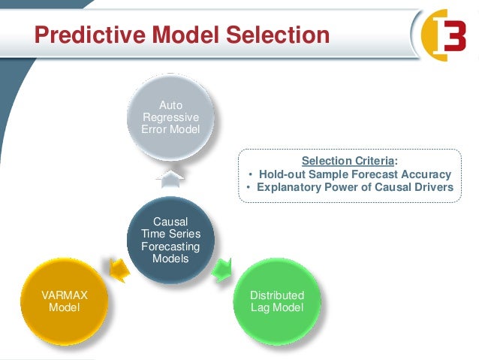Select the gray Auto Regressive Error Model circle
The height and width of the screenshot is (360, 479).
(x=170, y=119)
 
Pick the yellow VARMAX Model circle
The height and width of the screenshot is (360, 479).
(x=63, y=301)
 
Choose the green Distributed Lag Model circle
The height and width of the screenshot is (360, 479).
(x=277, y=301)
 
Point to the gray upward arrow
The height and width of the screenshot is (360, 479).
(x=171, y=177)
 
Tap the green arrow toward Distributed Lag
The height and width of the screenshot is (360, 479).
(x=222, y=268)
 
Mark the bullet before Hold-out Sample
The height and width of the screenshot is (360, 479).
(x=250, y=175)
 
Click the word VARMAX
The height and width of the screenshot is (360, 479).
(x=63, y=295)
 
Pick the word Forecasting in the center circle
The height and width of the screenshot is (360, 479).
(x=170, y=247)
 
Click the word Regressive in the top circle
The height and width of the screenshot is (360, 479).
(x=170, y=118)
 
